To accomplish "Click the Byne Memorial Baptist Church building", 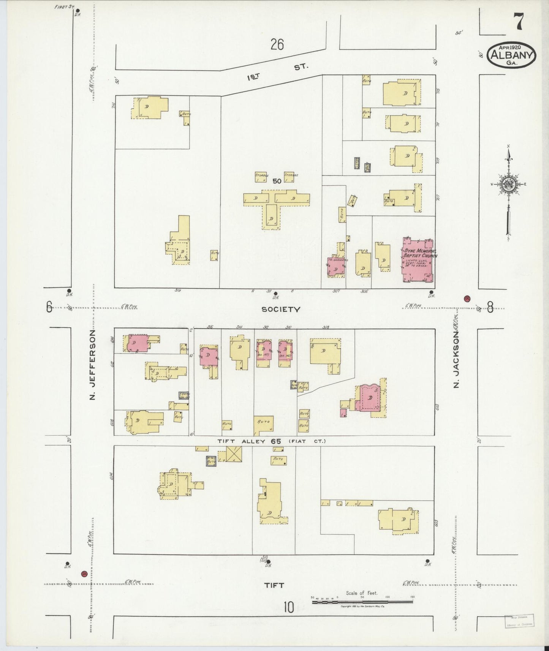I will click(x=418, y=262).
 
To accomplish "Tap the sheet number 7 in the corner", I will click(x=519, y=22).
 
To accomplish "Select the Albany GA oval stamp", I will click(x=511, y=55).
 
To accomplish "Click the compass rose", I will click(x=508, y=185).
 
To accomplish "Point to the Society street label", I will click(x=281, y=310).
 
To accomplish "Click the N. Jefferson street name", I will click(x=92, y=365).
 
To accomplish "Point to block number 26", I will click(x=277, y=45).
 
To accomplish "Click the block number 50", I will click(x=277, y=182).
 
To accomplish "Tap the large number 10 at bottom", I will click(x=288, y=608).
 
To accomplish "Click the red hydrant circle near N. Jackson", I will click(x=467, y=298).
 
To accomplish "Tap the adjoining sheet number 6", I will click(x=49, y=307).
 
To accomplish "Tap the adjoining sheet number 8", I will click(x=490, y=307).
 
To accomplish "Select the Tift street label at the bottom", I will click(x=274, y=585).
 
